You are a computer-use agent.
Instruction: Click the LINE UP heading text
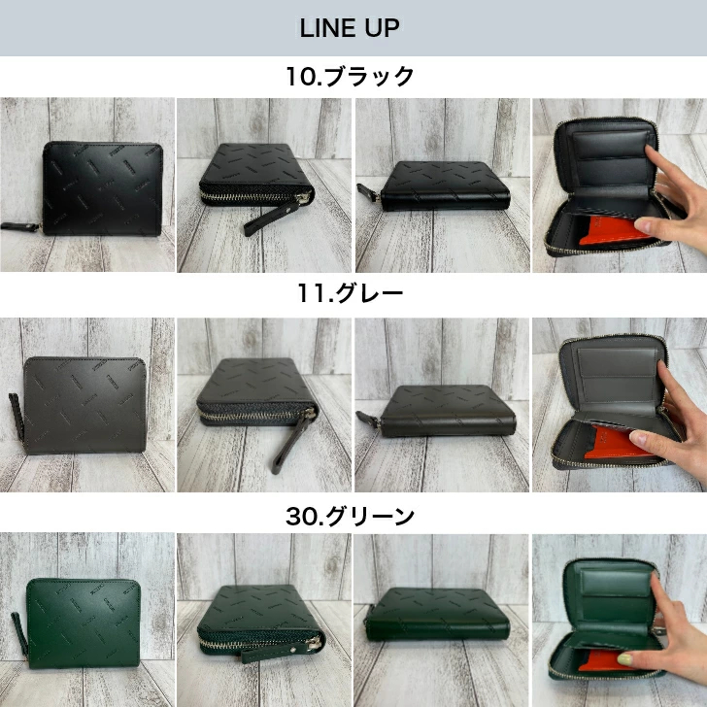(x=350, y=28)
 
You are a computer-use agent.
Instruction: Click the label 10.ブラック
(x=350, y=76)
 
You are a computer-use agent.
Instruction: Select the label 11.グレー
(x=350, y=293)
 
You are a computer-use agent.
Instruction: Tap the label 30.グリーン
(x=350, y=517)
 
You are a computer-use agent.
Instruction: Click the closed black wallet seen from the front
(x=102, y=188)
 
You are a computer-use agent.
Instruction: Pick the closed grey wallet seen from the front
(x=84, y=404)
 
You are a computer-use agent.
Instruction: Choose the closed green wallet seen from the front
(x=84, y=623)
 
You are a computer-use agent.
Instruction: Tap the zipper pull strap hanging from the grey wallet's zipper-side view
(x=288, y=444)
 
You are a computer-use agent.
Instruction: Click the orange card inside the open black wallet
(x=614, y=230)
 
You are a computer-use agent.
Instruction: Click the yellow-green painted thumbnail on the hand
(x=625, y=659)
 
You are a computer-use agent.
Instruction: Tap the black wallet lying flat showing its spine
(x=445, y=186)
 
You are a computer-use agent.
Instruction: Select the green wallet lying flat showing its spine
(x=437, y=614)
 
